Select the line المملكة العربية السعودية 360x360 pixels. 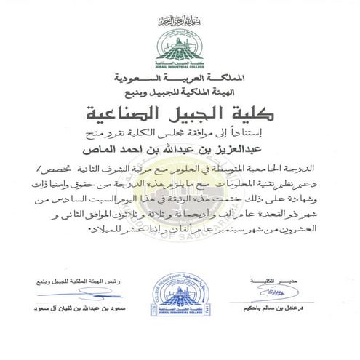[x=180, y=76]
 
